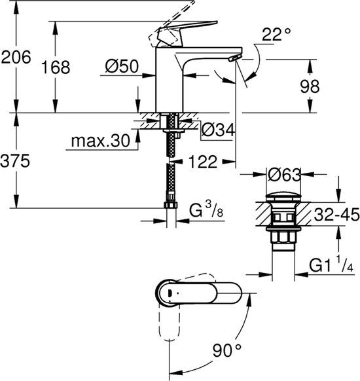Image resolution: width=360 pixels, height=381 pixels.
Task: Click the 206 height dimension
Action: (x=16, y=58)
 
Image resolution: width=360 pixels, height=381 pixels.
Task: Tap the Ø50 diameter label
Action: (x=122, y=65)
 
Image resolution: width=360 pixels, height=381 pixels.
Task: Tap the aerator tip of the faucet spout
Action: (x=233, y=59)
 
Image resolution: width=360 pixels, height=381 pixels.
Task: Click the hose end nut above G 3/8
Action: (x=173, y=206)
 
